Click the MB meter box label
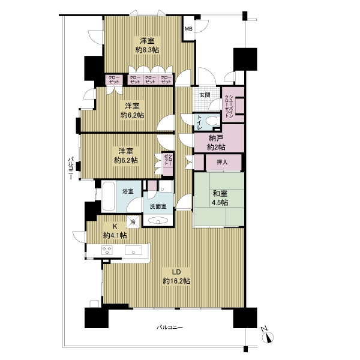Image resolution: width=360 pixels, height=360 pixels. point(188,29)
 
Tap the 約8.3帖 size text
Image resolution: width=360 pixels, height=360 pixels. point(147,50)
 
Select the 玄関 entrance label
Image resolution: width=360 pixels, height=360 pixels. point(205,95)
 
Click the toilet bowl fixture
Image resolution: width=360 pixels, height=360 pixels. point(211,121)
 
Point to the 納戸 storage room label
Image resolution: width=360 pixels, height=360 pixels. point(216,138)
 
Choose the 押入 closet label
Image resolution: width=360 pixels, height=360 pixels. point(222,163)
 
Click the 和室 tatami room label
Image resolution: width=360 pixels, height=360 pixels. point(220,194)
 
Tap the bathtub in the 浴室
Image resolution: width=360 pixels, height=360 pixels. point(109,196)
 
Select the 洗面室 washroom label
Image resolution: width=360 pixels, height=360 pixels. point(158,206)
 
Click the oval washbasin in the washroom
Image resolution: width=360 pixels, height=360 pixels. point(158,221)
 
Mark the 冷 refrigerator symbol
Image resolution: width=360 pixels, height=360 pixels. point(133,222)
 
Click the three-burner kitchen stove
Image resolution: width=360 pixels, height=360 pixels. point(107,250)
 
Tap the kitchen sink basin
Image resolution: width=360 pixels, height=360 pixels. point(133,250)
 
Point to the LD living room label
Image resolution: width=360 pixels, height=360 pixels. point(176,272)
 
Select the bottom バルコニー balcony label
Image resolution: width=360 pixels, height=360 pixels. point(170,327)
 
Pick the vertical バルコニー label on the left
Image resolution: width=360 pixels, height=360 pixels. point(71,168)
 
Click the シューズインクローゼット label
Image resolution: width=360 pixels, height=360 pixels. point(229,105)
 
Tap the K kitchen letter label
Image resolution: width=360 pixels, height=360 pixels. point(115,226)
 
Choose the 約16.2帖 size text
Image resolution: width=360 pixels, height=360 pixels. point(176,281)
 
